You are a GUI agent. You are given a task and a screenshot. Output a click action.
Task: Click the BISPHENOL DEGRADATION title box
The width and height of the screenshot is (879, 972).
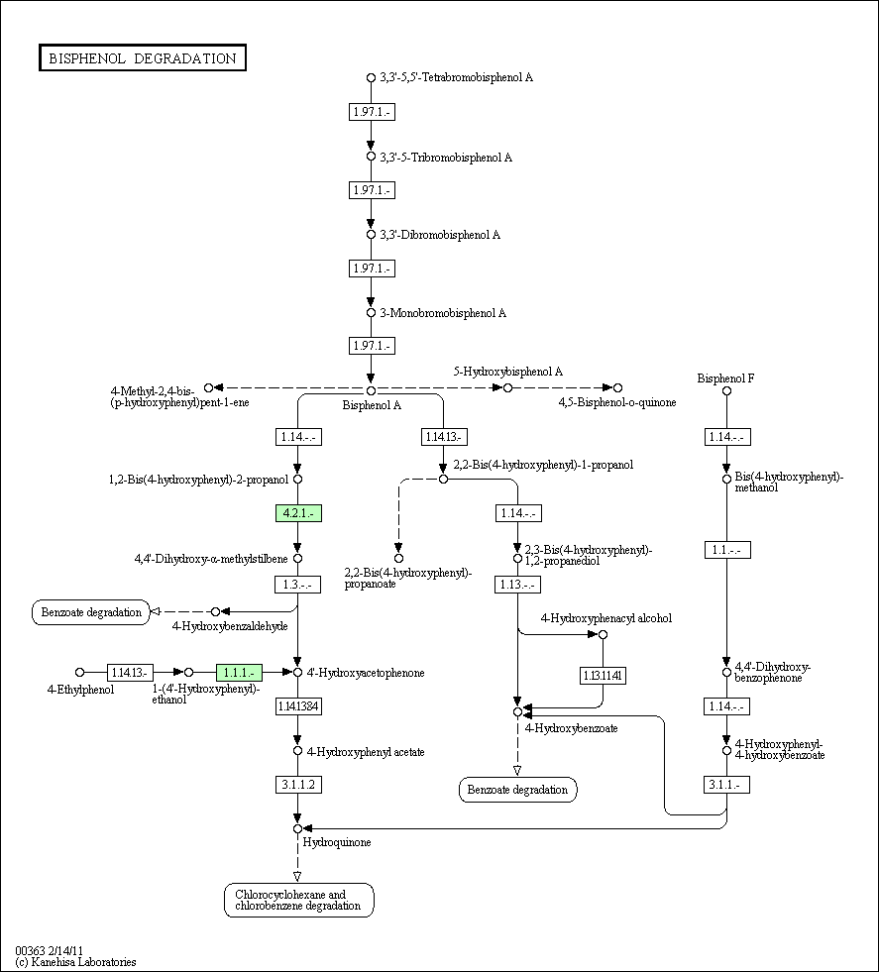pyautogui.click(x=143, y=57)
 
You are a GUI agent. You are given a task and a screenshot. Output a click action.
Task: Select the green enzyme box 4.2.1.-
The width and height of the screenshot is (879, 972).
pyautogui.click(x=299, y=513)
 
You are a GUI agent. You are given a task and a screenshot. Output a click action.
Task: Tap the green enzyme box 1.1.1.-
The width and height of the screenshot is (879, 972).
pyautogui.click(x=239, y=673)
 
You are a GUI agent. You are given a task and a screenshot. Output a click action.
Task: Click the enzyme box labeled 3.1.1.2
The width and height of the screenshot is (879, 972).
pyautogui.click(x=299, y=785)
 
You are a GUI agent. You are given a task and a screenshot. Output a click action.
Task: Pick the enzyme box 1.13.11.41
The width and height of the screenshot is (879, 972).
pyautogui.click(x=604, y=675)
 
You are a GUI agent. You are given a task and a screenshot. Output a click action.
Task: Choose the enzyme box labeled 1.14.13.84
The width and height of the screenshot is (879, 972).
pyautogui.click(x=299, y=706)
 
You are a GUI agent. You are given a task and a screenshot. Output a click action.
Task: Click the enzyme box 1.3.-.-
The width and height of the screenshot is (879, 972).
pyautogui.click(x=298, y=585)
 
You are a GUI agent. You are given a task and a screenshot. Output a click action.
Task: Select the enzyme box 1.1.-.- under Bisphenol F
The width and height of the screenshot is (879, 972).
pyautogui.click(x=727, y=550)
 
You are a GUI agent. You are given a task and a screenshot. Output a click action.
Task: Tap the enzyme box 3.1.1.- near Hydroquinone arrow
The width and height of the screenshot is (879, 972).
pyautogui.click(x=726, y=785)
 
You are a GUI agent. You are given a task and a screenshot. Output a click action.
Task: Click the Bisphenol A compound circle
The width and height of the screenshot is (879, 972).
pyautogui.click(x=371, y=390)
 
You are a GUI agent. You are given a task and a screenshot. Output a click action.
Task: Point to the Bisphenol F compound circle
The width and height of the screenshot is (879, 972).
pyautogui.click(x=726, y=390)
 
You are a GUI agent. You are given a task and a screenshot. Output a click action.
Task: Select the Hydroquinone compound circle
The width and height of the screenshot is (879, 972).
pyautogui.click(x=297, y=828)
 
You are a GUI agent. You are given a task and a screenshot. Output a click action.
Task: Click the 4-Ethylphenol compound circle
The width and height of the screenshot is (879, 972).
pyautogui.click(x=79, y=672)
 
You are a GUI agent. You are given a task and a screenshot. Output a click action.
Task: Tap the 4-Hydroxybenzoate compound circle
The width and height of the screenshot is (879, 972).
pyautogui.click(x=517, y=712)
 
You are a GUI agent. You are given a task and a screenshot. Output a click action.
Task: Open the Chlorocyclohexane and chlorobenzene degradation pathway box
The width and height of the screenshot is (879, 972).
pyautogui.click(x=299, y=900)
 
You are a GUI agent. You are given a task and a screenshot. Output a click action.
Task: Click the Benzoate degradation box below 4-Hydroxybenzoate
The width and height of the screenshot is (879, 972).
pyautogui.click(x=517, y=790)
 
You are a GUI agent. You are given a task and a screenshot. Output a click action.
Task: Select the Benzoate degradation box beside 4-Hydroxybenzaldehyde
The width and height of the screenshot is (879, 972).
pyautogui.click(x=91, y=612)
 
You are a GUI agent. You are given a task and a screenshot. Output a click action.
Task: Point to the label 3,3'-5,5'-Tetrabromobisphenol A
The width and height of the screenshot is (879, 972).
pyautogui.click(x=456, y=77)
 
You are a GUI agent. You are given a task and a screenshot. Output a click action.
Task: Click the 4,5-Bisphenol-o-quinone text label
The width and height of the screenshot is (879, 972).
pyautogui.click(x=617, y=402)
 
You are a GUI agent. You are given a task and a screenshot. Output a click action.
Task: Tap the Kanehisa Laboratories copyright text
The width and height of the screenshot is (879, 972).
pyautogui.click(x=75, y=962)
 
